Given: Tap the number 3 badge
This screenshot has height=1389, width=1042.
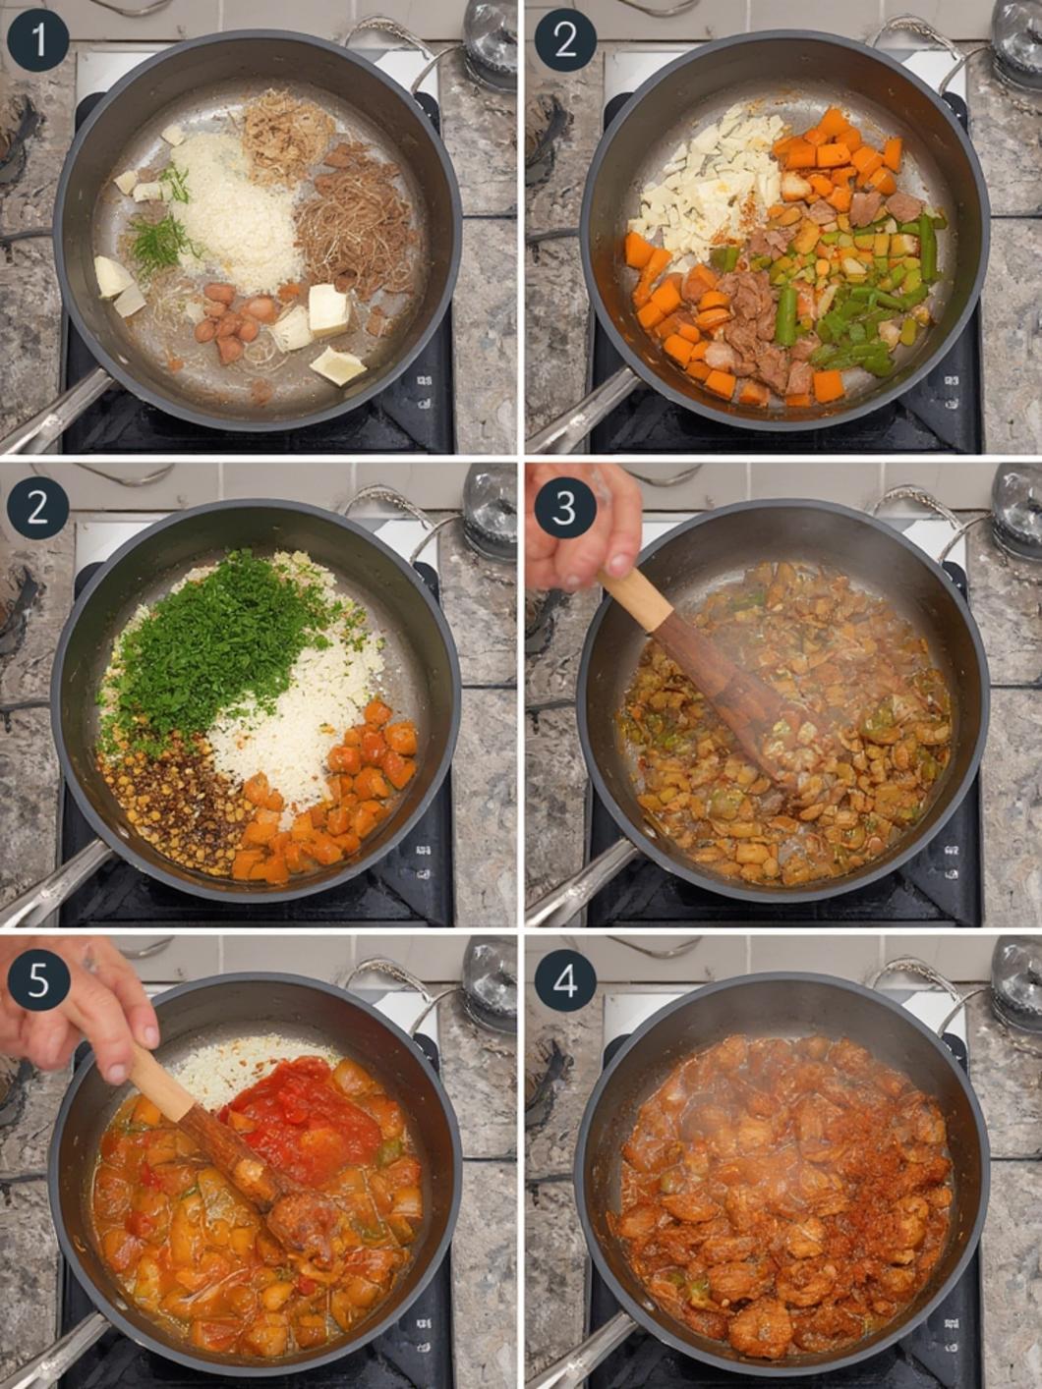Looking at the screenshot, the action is pyautogui.click(x=565, y=508).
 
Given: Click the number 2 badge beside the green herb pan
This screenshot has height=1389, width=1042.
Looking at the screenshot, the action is pyautogui.click(x=37, y=508).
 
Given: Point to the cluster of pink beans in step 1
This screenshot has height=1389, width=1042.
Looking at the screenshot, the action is pyautogui.click(x=237, y=319).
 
